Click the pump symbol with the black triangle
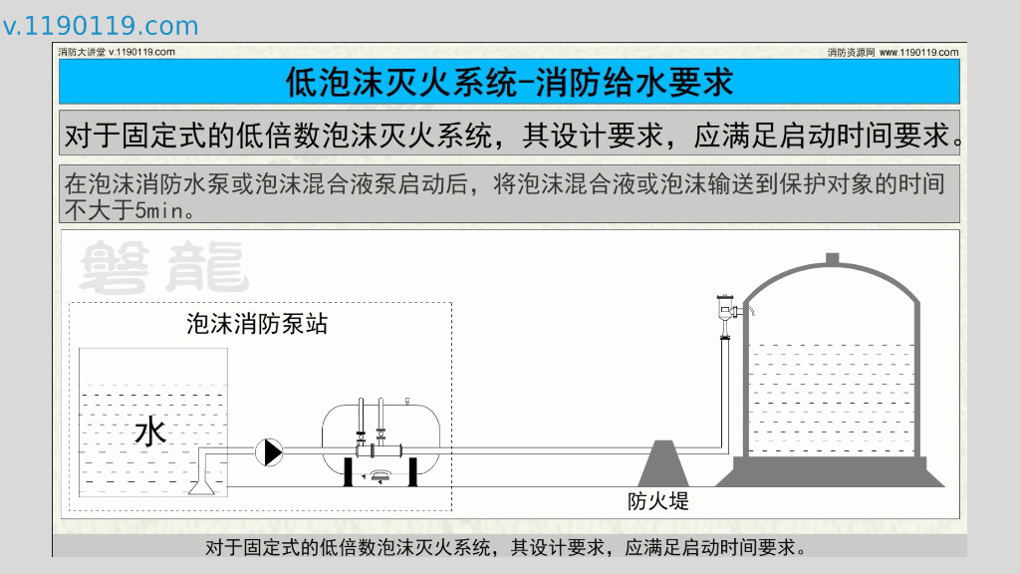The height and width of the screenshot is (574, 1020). pyautogui.click(x=268, y=452)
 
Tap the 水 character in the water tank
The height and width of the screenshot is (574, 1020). pyautogui.click(x=150, y=431)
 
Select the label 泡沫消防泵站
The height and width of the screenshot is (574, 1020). pyautogui.click(x=257, y=324)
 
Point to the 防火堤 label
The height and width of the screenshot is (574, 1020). pyautogui.click(x=657, y=501)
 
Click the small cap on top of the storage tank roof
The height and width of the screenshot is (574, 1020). pyautogui.click(x=832, y=259)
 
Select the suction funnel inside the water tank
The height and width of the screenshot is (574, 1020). pyautogui.click(x=203, y=484)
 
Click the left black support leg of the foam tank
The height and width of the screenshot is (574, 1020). pyautogui.click(x=348, y=472)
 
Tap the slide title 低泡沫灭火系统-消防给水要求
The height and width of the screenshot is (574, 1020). pyautogui.click(x=509, y=82)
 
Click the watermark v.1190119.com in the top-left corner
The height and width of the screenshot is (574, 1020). pyautogui.click(x=100, y=26)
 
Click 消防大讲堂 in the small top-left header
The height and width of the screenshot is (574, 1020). pyautogui.click(x=81, y=52)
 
